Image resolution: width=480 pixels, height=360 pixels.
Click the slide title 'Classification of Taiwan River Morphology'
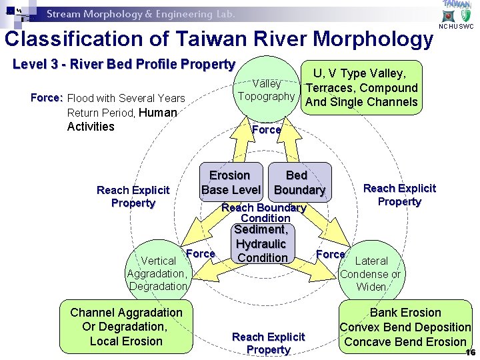[x=219, y=39]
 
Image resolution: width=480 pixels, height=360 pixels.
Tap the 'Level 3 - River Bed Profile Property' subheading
[x=124, y=65]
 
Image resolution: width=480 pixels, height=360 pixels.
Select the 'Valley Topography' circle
[x=266, y=89]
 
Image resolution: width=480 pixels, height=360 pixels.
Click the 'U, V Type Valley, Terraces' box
[x=361, y=87]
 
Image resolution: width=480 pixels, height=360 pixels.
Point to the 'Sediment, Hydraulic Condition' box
[x=262, y=243]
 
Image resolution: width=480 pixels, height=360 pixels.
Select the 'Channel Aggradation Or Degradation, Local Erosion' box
[x=126, y=327]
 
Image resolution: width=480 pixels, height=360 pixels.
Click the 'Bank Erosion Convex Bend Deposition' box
[x=405, y=327]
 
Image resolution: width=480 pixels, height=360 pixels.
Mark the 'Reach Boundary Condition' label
[x=264, y=213]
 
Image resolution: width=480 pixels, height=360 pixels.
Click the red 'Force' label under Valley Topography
[x=266, y=130]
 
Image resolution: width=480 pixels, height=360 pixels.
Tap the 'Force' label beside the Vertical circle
[x=200, y=253]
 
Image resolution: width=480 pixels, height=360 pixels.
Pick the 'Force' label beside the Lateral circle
[x=330, y=254]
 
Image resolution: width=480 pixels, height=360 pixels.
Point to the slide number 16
[x=471, y=353]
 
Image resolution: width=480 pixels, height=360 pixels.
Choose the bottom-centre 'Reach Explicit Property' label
[x=268, y=343]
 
